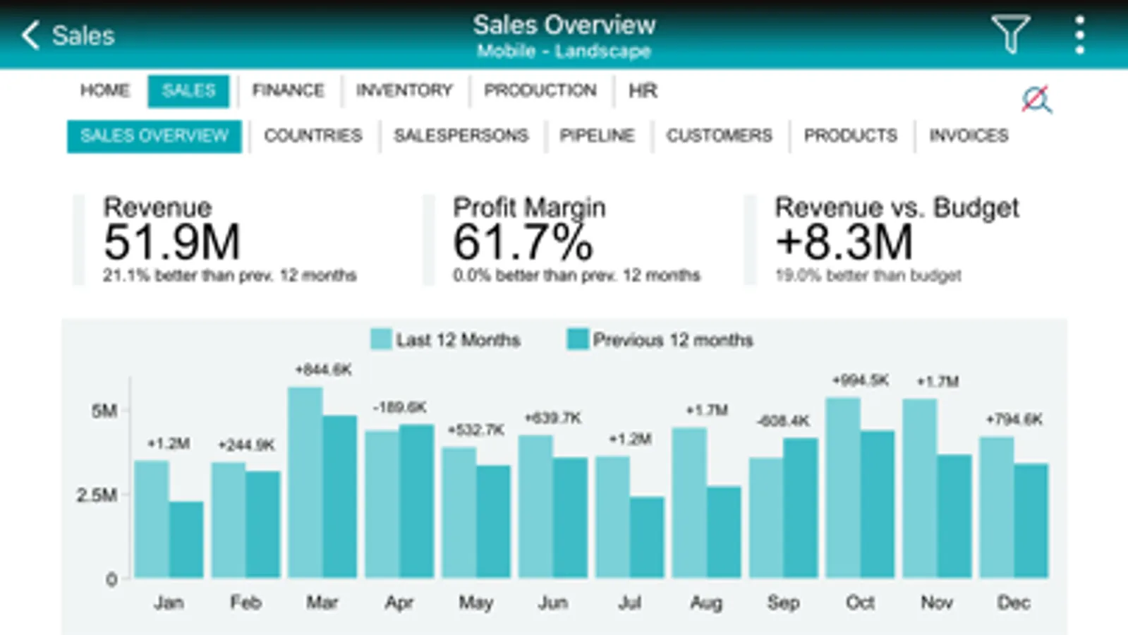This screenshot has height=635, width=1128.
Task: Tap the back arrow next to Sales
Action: click(x=30, y=35)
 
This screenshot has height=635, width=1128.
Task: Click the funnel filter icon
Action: click(x=1010, y=34)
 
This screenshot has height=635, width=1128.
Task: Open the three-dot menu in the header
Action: click(x=1079, y=35)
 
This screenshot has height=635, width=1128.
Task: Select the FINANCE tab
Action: click(x=288, y=90)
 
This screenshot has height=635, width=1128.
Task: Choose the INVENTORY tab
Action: click(x=404, y=90)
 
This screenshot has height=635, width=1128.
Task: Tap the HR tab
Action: click(x=643, y=90)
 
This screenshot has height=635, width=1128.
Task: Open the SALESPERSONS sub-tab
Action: click(x=461, y=135)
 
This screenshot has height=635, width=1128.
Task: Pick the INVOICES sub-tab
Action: click(x=969, y=135)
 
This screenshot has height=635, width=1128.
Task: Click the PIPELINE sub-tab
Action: click(x=597, y=135)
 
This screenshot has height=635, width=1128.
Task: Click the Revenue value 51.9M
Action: click(x=172, y=242)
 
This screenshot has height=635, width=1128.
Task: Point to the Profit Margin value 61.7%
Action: click(x=523, y=242)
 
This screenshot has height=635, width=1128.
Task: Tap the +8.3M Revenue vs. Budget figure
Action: click(x=844, y=242)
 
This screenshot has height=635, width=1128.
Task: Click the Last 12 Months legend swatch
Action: click(x=381, y=339)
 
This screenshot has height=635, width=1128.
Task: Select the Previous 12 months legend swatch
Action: click(x=578, y=339)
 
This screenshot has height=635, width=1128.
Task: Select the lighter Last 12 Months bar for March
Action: click(x=305, y=483)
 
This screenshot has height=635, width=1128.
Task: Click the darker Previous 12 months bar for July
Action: click(x=647, y=538)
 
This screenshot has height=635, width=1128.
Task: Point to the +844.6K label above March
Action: click(x=323, y=370)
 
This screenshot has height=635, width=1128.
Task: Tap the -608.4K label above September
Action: click(x=783, y=421)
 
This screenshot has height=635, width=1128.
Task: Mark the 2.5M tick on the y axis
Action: click(x=97, y=495)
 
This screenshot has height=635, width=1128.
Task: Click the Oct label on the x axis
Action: click(x=860, y=603)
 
